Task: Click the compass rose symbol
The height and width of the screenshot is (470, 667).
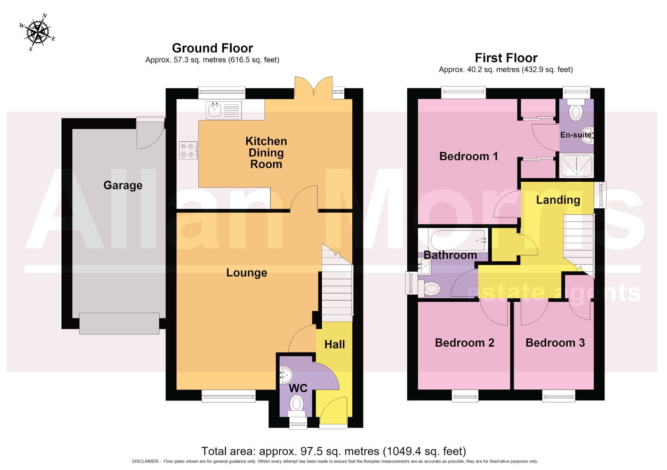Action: pos(38,32)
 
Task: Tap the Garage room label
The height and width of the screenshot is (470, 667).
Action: pos(123,185)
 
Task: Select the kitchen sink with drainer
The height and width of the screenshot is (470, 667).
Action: pos(223,110)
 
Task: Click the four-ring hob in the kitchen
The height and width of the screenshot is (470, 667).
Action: pos(188,150)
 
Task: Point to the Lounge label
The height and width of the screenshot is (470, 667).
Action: pos(246,272)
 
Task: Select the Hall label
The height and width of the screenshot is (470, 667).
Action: pos(335,345)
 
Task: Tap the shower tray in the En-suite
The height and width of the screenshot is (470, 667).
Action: pos(577,165)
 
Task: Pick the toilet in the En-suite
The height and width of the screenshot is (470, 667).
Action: pos(576,110)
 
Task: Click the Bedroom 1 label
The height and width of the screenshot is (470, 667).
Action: pos(469,156)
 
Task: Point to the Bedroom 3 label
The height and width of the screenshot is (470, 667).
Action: pos(555,342)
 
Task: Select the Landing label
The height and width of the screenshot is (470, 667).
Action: pos(558,200)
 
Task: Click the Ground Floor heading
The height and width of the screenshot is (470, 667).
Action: pos(213,48)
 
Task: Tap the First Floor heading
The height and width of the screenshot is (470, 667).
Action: pos(506,58)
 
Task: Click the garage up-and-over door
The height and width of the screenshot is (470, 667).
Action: pos(119,323)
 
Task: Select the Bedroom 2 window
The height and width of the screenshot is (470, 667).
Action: pos(465,396)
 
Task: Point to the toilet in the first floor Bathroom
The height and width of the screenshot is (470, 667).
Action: pos(429,288)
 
